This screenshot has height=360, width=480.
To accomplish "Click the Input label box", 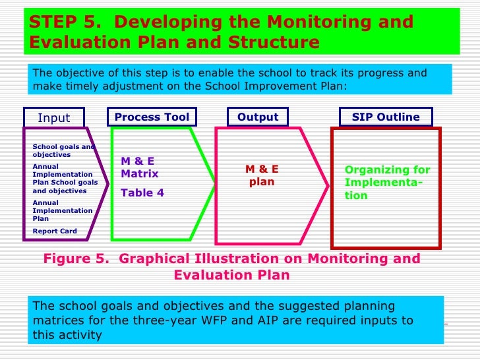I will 54,118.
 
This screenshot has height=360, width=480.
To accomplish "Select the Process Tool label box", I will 152,117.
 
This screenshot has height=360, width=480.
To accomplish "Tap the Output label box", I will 258,117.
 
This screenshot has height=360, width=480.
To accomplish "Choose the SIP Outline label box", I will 386,117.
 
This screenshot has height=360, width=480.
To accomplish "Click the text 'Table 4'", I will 142,193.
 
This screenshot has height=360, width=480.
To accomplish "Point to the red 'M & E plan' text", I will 262,175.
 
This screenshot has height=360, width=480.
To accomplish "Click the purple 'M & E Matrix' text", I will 139,167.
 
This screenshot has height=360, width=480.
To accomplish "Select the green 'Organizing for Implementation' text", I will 387,183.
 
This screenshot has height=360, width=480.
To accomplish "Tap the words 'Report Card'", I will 55,231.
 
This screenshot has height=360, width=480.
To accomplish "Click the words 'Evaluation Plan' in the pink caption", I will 231,275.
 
